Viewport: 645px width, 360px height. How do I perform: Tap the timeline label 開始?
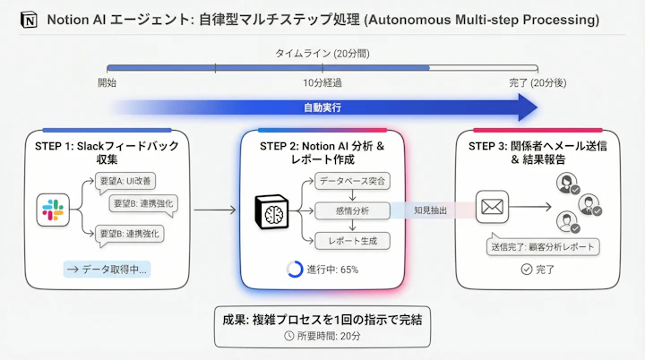click(x=107, y=82)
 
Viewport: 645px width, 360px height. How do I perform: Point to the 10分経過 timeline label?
click(x=322, y=82)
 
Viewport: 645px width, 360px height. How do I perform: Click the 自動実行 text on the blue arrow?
click(x=322, y=107)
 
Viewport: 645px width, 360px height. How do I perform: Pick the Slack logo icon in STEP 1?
click(x=52, y=211)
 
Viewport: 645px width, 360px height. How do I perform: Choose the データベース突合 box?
click(x=352, y=182)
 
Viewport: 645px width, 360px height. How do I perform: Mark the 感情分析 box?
click(x=352, y=211)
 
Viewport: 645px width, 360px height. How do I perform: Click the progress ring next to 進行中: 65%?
click(x=294, y=270)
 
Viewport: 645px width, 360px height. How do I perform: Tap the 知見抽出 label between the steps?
click(x=432, y=211)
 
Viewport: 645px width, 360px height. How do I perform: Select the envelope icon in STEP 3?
click(x=493, y=208)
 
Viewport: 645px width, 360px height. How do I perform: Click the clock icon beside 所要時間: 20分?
click(x=288, y=336)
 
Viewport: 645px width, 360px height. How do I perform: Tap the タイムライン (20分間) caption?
click(x=322, y=54)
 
